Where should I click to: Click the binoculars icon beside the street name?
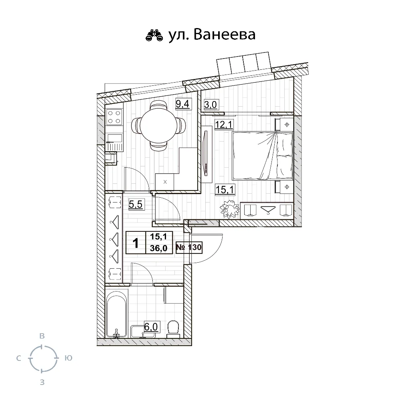tap(154, 35)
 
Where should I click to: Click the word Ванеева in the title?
tap(225, 34)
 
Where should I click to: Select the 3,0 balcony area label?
tap(211, 105)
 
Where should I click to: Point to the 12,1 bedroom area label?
tap(224, 125)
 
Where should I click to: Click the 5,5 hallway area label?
tap(136, 205)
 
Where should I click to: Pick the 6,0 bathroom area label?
tap(151, 327)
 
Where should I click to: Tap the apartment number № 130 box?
tap(189, 247)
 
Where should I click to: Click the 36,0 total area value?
tap(158, 248)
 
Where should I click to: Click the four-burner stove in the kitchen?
tap(114, 117)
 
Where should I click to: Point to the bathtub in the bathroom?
tap(116, 314)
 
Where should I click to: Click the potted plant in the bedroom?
tap(230, 209)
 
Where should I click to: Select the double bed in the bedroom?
tap(262, 156)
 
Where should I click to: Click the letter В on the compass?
tap(42, 336)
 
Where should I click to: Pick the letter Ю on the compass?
tap(69, 358)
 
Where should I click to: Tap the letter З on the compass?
tap(42, 382)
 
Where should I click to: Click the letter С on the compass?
tap(18, 358)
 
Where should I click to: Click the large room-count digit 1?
tap(136, 243)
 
